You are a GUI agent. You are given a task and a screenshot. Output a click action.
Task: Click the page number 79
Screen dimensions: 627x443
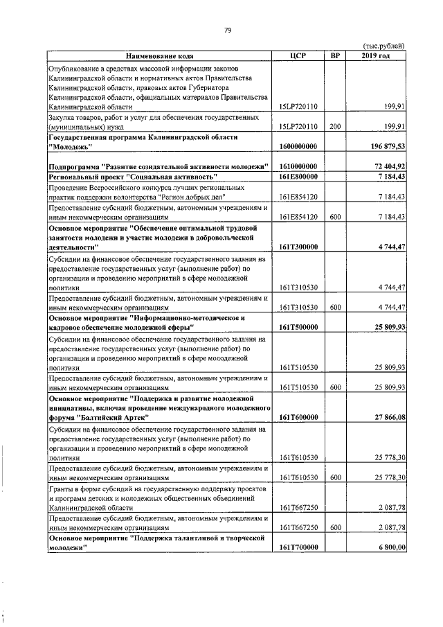click(x=226, y=29)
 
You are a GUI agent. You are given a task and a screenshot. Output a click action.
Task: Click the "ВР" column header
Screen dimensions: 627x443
click(x=335, y=55)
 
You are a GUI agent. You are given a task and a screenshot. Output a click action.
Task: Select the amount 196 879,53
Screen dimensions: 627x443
click(x=386, y=147)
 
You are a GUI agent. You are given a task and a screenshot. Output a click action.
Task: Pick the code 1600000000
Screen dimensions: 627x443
click(x=298, y=147)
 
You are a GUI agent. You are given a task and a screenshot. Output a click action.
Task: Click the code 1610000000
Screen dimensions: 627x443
click(x=298, y=168)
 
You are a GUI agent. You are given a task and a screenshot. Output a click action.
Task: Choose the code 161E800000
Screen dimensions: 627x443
click(x=298, y=178)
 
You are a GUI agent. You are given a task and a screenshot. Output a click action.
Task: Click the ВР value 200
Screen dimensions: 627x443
click(x=335, y=127)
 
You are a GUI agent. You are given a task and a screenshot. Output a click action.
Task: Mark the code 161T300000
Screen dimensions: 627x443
click(x=298, y=247)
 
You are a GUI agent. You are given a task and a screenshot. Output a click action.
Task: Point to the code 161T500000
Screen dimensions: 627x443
click(x=298, y=327)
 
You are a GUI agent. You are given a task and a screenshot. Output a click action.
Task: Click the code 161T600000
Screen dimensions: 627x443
click(x=298, y=418)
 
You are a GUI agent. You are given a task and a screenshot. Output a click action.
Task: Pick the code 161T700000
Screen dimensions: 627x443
click(x=298, y=548)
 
